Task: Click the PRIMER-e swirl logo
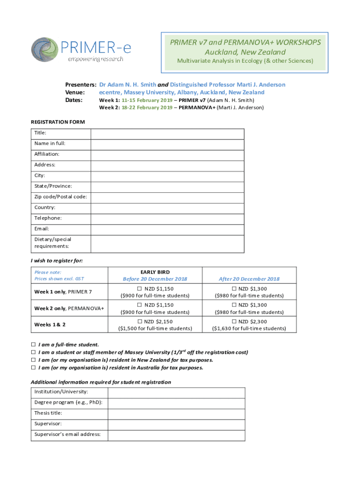click(45, 50)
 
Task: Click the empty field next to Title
click(167, 133)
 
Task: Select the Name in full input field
click(167, 144)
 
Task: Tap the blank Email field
click(167, 229)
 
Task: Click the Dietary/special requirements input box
click(167, 243)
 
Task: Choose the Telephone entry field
click(167, 218)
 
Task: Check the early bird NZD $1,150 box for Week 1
click(139, 289)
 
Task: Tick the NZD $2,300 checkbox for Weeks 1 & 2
click(234, 321)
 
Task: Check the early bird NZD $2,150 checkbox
click(139, 321)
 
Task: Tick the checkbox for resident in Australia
click(34, 368)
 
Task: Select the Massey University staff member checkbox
click(34, 353)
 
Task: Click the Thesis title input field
click(176, 414)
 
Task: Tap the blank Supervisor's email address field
click(176, 435)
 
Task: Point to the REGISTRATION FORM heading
click(58, 122)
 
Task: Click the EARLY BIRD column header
click(155, 272)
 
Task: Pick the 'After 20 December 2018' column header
click(249, 279)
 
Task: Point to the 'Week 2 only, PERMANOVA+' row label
click(69, 309)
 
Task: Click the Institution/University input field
click(176, 392)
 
